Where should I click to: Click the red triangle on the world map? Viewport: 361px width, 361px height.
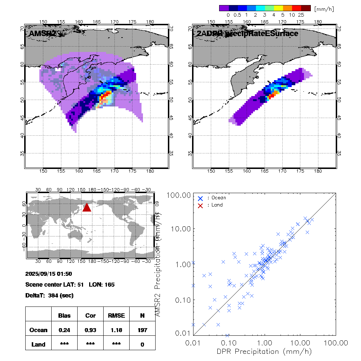[87, 207]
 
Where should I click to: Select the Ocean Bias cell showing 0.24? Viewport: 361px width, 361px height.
[64, 330]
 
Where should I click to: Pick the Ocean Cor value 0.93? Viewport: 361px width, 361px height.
[90, 330]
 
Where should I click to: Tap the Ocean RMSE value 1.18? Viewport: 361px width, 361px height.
[116, 330]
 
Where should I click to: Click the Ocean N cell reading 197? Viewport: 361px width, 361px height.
[142, 330]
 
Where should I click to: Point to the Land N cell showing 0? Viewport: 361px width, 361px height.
[142, 344]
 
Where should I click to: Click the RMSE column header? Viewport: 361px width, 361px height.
[116, 316]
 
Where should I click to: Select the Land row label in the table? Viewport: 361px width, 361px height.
[38, 344]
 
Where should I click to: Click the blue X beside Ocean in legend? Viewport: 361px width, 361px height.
[200, 198]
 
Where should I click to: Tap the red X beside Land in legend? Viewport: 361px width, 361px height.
[200, 205]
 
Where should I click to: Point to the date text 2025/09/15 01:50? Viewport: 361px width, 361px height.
[49, 274]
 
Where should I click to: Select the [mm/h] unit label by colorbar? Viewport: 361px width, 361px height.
[324, 8]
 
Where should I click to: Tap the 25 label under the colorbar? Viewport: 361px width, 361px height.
[301, 15]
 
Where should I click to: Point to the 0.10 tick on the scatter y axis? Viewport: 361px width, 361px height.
[183, 300]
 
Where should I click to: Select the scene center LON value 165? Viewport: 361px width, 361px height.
[109, 285]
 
